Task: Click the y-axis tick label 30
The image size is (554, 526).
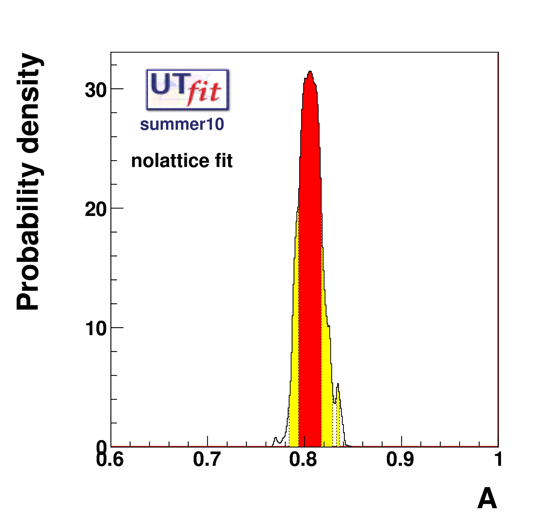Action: click(x=96, y=90)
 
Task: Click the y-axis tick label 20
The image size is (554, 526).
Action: click(x=96, y=209)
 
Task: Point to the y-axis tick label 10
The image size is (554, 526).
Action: click(x=96, y=329)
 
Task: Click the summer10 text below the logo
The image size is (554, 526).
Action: click(x=182, y=124)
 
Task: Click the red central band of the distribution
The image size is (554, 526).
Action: click(x=310, y=252)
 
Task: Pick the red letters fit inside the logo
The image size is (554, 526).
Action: click(x=204, y=93)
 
